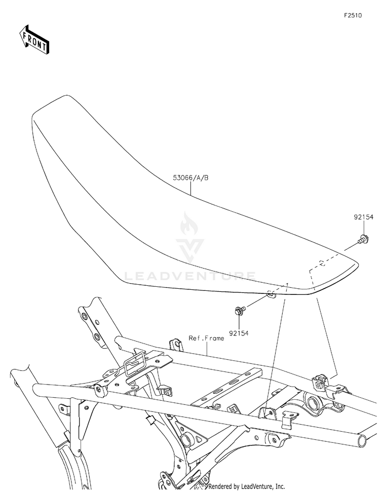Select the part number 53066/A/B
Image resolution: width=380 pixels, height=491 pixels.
tap(191, 178)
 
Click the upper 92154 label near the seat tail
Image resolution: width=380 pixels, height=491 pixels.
tap(363, 217)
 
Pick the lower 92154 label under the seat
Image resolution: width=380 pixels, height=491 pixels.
tap(240, 333)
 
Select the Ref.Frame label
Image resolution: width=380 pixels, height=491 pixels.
tap(206, 337)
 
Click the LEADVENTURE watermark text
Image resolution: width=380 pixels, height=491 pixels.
tap(190, 276)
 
